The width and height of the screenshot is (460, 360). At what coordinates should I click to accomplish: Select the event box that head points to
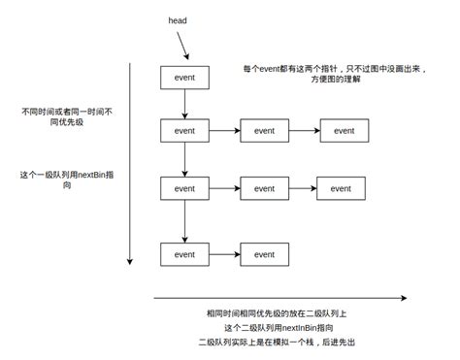[x=184, y=78]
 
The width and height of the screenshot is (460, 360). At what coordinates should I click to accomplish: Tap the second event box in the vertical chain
[x=184, y=130]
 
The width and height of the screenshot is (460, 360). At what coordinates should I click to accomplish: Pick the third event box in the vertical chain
[x=184, y=189]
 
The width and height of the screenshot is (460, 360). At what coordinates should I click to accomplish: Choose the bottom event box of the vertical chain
[x=184, y=254]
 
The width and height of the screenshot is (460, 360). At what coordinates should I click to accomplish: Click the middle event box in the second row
[x=264, y=130]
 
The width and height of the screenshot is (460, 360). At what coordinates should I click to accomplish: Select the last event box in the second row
[x=344, y=130]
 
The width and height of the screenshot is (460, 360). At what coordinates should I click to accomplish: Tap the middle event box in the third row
[x=264, y=189]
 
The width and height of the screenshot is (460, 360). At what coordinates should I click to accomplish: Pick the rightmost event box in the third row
[x=341, y=189]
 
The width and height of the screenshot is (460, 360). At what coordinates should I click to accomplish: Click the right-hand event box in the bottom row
[x=264, y=254]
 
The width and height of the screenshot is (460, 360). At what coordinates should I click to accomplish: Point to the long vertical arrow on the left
[x=129, y=165]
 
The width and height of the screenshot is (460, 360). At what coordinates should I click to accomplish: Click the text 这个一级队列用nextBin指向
[x=60, y=181]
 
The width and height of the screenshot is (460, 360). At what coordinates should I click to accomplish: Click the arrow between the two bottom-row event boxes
[x=224, y=254]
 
